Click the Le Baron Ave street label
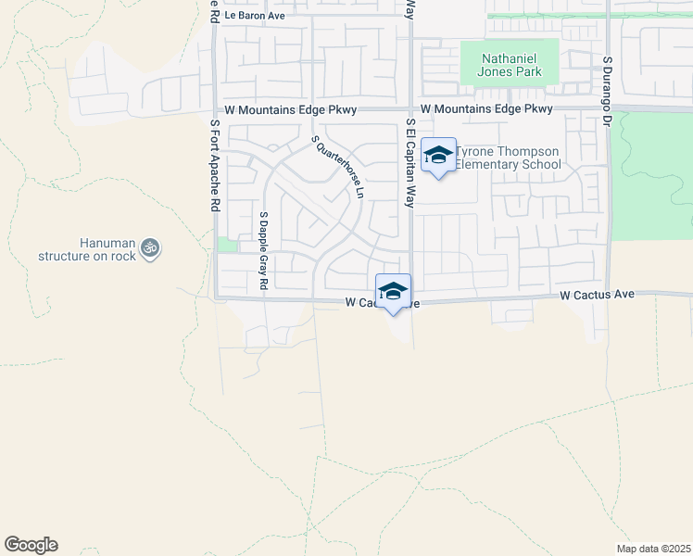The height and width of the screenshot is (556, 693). tap(255, 16)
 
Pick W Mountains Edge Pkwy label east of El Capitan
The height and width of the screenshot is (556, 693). tap(486, 109)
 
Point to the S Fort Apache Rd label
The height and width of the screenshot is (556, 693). tap(214, 166)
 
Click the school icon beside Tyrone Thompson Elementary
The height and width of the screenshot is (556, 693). tap(438, 155)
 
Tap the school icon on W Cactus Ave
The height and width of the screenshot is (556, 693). tap(393, 291)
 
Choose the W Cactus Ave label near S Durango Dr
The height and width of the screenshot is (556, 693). tap(597, 295)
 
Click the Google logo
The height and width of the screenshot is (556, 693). tap(31, 545)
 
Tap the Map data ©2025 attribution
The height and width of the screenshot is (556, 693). tap(652, 549)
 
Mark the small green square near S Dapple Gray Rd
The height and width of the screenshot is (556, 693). tap(226, 245)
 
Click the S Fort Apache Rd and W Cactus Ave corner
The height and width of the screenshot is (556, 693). tap(215, 298)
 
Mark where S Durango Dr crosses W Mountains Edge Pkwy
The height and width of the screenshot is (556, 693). tap(608, 109)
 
